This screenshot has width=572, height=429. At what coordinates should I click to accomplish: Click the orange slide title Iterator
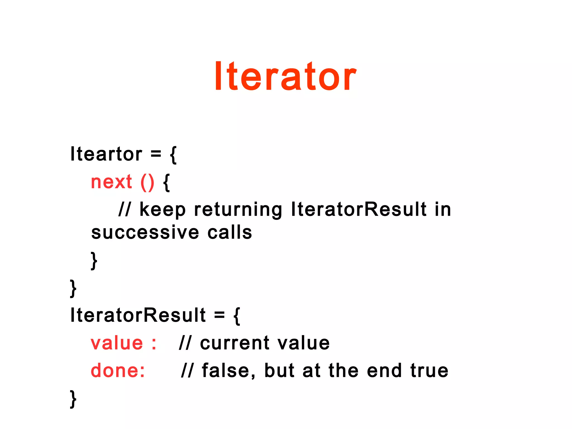285,76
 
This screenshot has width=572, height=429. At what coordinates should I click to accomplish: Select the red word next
111,182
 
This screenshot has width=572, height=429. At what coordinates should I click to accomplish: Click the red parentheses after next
147,183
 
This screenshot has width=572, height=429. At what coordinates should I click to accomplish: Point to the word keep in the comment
162,210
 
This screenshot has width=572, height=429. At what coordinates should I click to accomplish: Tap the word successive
145,232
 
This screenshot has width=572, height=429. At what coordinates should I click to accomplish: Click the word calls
230,232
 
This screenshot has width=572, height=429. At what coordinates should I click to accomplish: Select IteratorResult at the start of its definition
138,315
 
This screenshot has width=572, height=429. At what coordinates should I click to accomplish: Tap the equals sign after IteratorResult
220,315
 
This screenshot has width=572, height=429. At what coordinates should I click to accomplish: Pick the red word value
117,343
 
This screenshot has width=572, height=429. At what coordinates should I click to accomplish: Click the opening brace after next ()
166,183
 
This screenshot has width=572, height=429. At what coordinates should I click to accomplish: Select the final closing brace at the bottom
73,399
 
